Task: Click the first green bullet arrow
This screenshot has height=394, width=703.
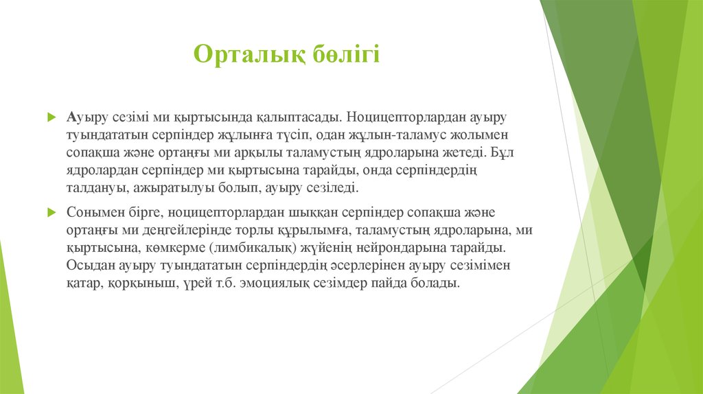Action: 51,117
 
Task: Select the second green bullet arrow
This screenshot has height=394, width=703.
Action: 51,212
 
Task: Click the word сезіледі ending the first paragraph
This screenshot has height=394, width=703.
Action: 332,188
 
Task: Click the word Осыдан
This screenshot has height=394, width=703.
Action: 91,266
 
